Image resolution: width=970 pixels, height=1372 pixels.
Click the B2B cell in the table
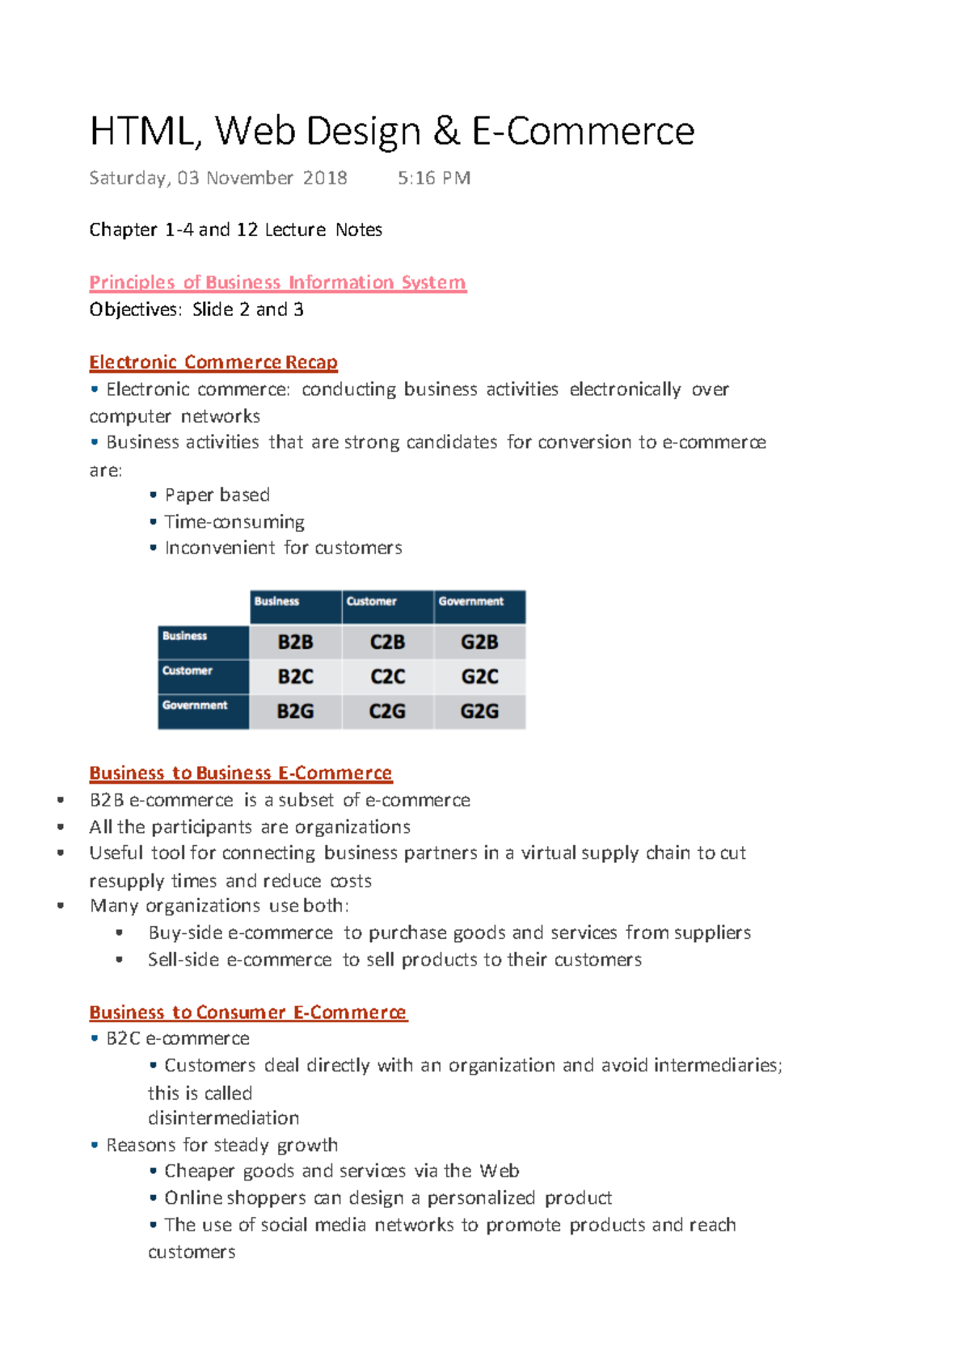pyautogui.click(x=295, y=642)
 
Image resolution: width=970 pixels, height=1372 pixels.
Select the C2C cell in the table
pyautogui.click(x=387, y=677)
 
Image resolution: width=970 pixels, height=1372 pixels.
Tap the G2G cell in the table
pyautogui.click(x=479, y=712)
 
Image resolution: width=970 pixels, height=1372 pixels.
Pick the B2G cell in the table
pyautogui.click(x=295, y=712)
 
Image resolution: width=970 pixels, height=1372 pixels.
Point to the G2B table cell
pyautogui.click(x=479, y=642)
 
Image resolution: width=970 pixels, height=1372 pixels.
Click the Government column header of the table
pyautogui.click(x=471, y=602)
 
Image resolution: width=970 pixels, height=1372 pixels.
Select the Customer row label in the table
pyautogui.click(x=188, y=671)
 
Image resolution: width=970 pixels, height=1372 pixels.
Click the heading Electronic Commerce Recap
pyautogui.click(x=213, y=363)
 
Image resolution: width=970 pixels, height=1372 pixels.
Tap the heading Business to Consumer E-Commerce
pyautogui.click(x=248, y=1012)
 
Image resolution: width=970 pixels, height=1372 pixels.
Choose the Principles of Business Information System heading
pyautogui.click(x=277, y=283)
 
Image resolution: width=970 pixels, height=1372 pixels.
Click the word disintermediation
pyautogui.click(x=223, y=1118)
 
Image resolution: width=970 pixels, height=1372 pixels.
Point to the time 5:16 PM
pyautogui.click(x=434, y=179)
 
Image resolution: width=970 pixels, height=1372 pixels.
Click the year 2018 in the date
pyautogui.click(x=325, y=179)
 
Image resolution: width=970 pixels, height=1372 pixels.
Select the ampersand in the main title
pyautogui.click(x=445, y=132)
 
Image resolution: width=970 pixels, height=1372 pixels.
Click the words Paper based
pyautogui.click(x=217, y=495)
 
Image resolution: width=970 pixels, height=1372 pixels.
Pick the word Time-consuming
pyautogui.click(x=234, y=522)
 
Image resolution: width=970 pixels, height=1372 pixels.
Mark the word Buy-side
pyautogui.click(x=185, y=933)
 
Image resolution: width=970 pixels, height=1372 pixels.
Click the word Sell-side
pyautogui.click(x=183, y=960)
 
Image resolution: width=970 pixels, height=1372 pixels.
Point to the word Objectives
pyautogui.click(x=135, y=310)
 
